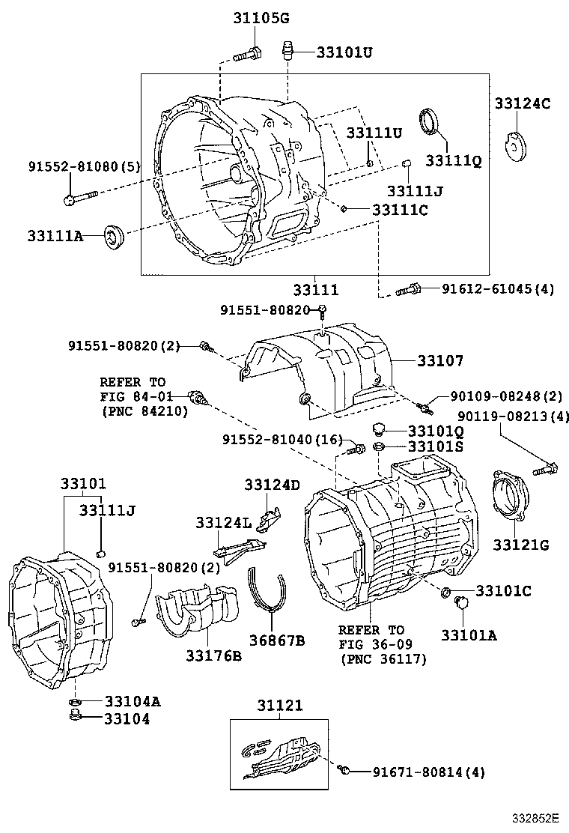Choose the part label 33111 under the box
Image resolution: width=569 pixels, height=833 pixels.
pos(315,289)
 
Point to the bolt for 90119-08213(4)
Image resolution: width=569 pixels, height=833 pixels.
pos(544,470)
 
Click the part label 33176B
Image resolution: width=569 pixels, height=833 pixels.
pos(213,656)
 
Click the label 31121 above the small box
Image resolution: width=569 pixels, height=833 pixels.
pos(280,706)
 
